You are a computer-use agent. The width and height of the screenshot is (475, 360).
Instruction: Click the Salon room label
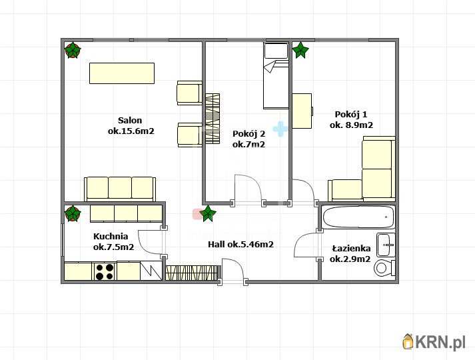coord(130,120)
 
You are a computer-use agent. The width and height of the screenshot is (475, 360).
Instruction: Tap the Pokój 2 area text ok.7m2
coord(248,145)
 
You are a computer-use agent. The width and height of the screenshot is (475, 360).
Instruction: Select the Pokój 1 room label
coord(351,115)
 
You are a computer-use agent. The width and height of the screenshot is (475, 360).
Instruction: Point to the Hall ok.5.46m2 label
coord(241,244)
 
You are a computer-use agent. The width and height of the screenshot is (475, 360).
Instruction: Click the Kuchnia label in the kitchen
coord(111,236)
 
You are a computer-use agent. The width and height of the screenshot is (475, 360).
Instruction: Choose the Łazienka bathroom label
coord(351,249)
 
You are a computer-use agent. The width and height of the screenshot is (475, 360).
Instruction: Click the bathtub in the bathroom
coord(358,217)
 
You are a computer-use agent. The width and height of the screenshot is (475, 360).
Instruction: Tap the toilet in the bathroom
coord(384,268)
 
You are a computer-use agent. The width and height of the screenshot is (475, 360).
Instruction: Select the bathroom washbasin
coord(386,245)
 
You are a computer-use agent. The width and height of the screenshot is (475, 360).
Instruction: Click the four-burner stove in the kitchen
coord(105,271)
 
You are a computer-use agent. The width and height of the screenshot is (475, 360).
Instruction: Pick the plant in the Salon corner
coord(73,50)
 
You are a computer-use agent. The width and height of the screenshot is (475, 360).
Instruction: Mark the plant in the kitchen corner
coord(73,213)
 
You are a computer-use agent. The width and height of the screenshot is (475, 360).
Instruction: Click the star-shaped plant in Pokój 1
coord(300,50)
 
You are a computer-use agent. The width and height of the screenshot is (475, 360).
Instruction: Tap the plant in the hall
coord(208,213)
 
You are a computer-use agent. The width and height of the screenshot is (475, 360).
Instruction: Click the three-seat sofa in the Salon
coord(120,189)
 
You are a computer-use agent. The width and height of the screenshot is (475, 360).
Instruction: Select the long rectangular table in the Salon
coord(122,73)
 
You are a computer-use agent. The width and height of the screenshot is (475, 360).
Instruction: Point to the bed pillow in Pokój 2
coord(276,51)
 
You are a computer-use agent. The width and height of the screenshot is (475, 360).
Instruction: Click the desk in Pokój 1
coord(302,111)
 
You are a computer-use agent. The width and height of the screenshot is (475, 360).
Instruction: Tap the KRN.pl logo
coord(434,341)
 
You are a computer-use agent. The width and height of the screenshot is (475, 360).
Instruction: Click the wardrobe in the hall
coord(193,273)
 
